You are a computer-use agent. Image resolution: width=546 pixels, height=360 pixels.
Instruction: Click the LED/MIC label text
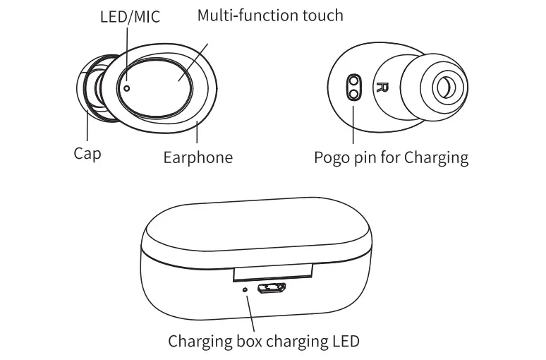click(x=129, y=16)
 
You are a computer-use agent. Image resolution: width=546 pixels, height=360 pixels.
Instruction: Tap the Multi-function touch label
click(x=270, y=15)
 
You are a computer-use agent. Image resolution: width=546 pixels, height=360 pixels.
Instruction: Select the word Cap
click(x=87, y=153)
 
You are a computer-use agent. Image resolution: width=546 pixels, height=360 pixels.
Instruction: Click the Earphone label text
click(x=198, y=157)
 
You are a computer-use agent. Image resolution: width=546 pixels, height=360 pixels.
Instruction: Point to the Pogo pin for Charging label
click(x=391, y=157)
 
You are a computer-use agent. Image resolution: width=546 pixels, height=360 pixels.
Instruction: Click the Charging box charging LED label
click(x=264, y=342)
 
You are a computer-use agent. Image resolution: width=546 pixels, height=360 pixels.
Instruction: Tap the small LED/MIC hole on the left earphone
click(x=127, y=88)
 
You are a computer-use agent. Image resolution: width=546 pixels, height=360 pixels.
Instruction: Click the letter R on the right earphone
click(x=383, y=88)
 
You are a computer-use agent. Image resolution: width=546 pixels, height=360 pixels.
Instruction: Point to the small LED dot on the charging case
click(x=245, y=289)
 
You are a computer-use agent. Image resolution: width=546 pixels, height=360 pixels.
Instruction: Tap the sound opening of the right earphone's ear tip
click(x=446, y=88)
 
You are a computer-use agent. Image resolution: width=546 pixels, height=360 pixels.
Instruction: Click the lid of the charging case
click(x=257, y=229)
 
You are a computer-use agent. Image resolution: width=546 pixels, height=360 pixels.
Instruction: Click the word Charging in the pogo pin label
click(x=436, y=157)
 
